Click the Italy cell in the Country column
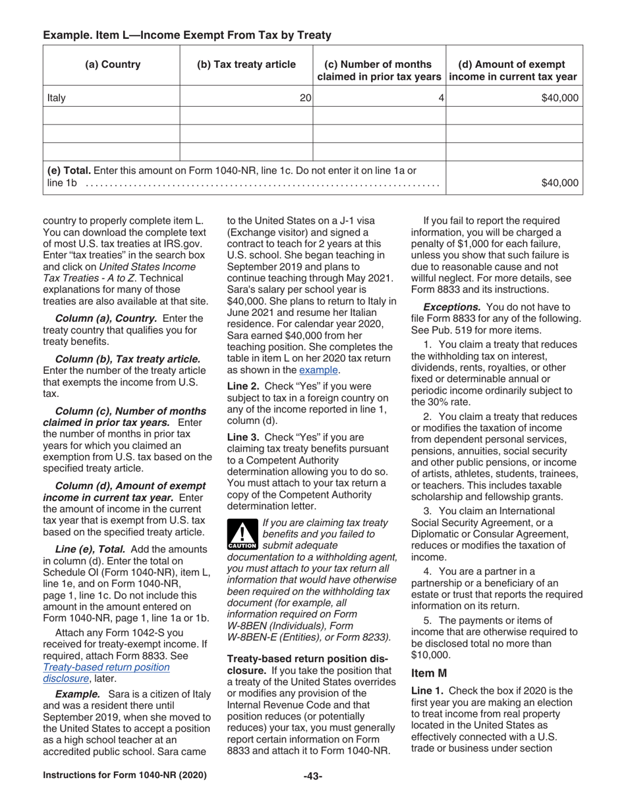click(x=57, y=98)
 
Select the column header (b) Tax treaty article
click(x=246, y=65)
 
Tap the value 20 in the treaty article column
click(x=305, y=98)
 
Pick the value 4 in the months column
click(x=441, y=98)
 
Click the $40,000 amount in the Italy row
click(x=559, y=98)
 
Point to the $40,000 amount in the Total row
click(x=559, y=183)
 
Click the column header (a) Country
click(x=112, y=65)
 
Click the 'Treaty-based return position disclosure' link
click(x=106, y=673)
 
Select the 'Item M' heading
click(x=429, y=673)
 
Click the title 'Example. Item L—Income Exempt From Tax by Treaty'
click(x=187, y=34)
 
